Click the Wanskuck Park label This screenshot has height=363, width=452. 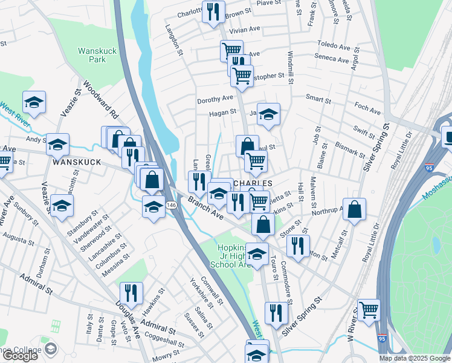tap(91, 56)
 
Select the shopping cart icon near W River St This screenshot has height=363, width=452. tap(369, 310)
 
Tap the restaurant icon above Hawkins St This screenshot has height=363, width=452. tap(131, 293)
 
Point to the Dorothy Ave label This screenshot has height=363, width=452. tap(214, 99)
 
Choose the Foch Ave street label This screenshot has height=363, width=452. tap(367, 111)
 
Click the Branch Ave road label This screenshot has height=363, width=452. tap(205, 209)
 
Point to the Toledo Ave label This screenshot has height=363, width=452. tap(334, 47)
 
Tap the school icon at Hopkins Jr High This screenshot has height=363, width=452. tap(257, 253)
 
